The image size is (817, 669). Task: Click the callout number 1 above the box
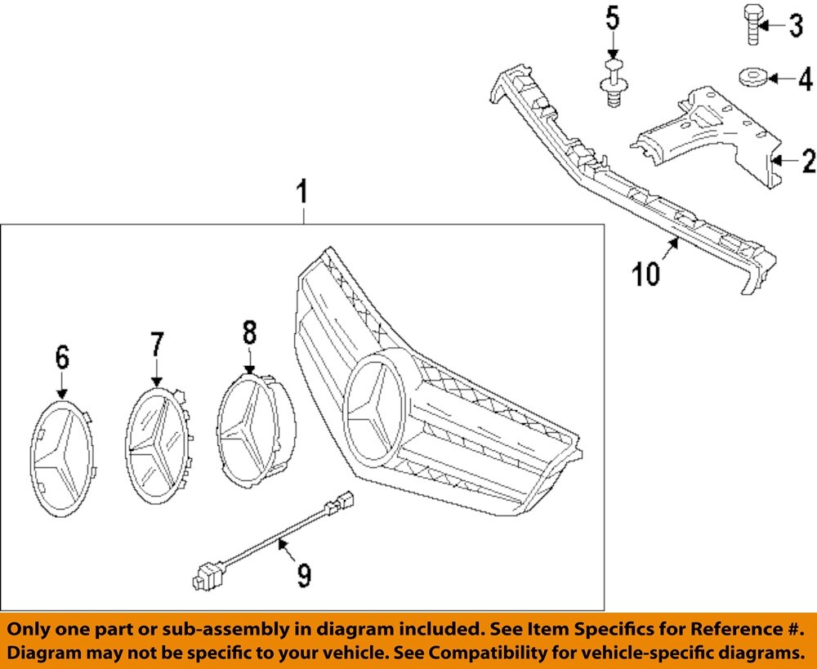click(302, 194)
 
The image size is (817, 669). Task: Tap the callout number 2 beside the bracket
click(807, 162)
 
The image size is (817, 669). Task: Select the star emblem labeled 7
click(157, 446)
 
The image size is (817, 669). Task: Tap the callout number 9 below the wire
click(304, 577)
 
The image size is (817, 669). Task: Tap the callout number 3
click(795, 27)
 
